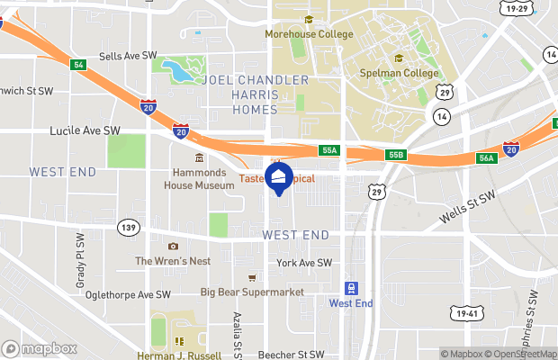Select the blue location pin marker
278,177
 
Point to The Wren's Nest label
173,261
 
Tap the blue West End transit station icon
351,288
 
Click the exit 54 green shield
78,64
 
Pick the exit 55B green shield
396,155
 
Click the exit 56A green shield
487,158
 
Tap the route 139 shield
128,229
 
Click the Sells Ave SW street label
122,56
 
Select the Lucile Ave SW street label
85,130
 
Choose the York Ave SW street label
304,263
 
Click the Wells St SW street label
468,209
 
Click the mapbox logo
40,348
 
